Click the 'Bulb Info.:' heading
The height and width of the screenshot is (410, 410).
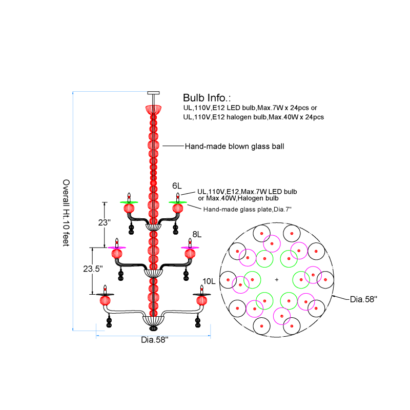(x=207, y=98)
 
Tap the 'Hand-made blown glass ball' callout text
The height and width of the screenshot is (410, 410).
(x=234, y=146)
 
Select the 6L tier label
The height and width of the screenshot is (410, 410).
(x=177, y=186)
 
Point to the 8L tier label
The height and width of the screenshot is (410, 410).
(x=197, y=234)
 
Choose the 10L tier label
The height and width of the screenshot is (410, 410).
(x=209, y=281)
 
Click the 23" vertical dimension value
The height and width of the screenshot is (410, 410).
(x=105, y=222)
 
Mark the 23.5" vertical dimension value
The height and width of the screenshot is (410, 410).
(x=93, y=269)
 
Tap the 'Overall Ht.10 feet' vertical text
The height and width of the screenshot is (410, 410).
(x=66, y=213)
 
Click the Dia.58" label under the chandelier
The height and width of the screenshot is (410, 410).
(x=155, y=340)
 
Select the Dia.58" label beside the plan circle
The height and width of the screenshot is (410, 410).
(x=364, y=299)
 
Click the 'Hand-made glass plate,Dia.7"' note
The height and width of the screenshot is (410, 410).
(x=248, y=209)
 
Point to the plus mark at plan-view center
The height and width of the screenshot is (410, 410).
(x=277, y=280)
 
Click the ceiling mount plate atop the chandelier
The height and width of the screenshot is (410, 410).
(x=153, y=93)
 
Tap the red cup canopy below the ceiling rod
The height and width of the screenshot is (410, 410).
(x=153, y=109)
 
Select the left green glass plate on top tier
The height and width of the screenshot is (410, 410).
(x=129, y=202)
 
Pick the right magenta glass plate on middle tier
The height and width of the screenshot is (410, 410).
(x=190, y=248)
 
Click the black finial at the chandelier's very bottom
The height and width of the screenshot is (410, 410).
(x=153, y=328)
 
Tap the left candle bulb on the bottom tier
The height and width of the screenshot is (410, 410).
(x=105, y=290)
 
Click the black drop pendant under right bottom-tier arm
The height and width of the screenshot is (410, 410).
(x=198, y=321)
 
